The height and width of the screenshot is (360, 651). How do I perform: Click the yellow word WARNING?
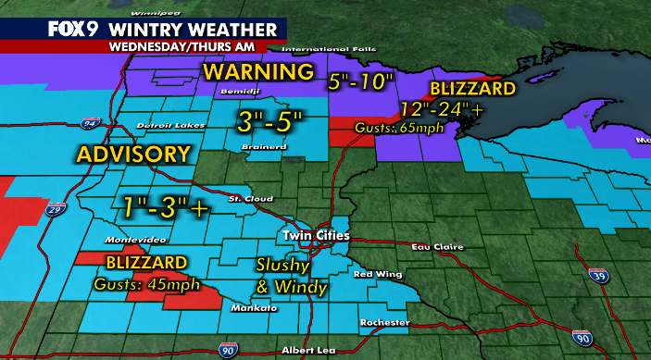(259, 72)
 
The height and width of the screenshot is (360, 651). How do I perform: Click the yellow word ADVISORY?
(134, 153)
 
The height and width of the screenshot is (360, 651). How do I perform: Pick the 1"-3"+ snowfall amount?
(163, 206)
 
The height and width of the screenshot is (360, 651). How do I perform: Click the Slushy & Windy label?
(290, 275)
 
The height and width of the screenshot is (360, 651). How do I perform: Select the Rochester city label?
(383, 322)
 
